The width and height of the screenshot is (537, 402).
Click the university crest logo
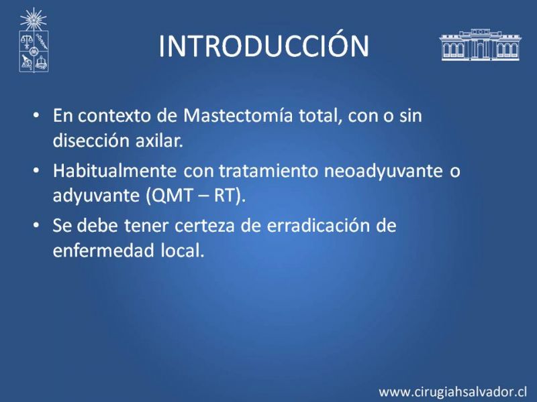tap(34, 40)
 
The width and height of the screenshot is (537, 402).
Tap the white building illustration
tap(480, 45)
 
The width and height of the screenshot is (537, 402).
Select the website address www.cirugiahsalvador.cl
tap(452, 391)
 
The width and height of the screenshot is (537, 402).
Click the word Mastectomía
tap(238, 115)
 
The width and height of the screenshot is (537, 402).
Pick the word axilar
tap(159, 140)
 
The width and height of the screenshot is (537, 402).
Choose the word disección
tap(91, 140)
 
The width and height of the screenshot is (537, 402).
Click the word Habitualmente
tap(115, 170)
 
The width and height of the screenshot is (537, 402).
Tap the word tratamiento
tap(268, 171)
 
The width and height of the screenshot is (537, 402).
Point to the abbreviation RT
tap(226, 195)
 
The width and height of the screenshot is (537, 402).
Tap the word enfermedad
tap(104, 250)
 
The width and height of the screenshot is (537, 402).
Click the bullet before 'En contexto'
tap(36, 115)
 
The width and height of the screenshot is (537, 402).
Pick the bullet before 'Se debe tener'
tap(36, 225)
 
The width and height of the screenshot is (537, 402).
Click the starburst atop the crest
tap(33, 19)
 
